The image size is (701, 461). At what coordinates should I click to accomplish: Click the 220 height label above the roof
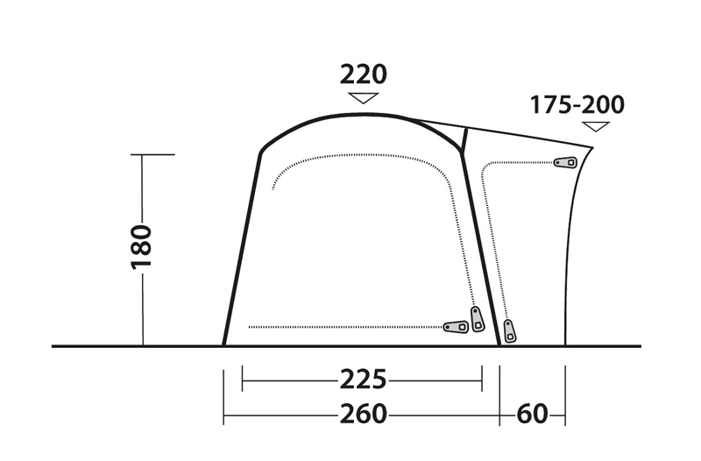point(363,74)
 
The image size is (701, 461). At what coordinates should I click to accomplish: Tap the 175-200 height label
point(577,105)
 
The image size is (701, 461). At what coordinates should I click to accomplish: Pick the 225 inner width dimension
point(362,381)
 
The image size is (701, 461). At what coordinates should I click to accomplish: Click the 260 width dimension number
point(362,414)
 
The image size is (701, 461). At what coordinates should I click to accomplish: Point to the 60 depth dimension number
point(532,414)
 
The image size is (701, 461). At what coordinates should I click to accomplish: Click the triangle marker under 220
point(363,98)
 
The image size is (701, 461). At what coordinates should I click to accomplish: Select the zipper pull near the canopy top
point(565,162)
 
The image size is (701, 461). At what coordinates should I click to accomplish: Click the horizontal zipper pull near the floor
point(457,327)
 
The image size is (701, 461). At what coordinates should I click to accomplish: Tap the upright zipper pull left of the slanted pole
point(478,319)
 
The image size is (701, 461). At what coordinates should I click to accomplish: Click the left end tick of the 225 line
point(243,381)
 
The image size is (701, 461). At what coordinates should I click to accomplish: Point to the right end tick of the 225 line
point(483,381)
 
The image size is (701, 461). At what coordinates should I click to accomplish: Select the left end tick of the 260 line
point(223,414)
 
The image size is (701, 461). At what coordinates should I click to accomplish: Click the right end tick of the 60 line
point(565,414)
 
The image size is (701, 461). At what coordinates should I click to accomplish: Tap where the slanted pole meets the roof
point(466,128)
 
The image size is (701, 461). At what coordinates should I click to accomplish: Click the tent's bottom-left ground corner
point(223,345)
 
